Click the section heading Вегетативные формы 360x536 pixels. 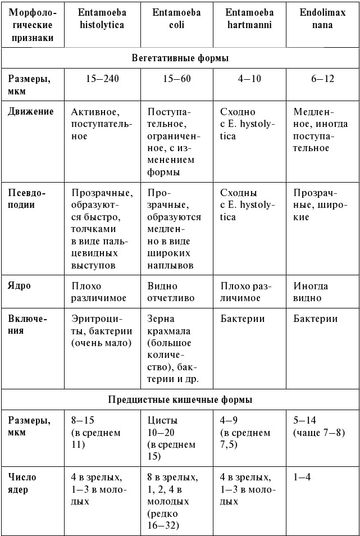pyautogui.click(x=180, y=58)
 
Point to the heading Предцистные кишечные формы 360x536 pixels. pyautogui.click(x=180, y=400)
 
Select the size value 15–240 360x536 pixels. pyautogui.click(x=102, y=79)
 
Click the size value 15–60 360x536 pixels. pyautogui.click(x=177, y=79)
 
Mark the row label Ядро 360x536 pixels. pyautogui.click(x=20, y=286)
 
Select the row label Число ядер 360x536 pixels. pyautogui.click(x=22, y=483)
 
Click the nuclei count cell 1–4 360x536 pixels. pyautogui.click(x=302, y=477)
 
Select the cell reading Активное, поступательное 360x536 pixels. pyautogui.click(x=102, y=124)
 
